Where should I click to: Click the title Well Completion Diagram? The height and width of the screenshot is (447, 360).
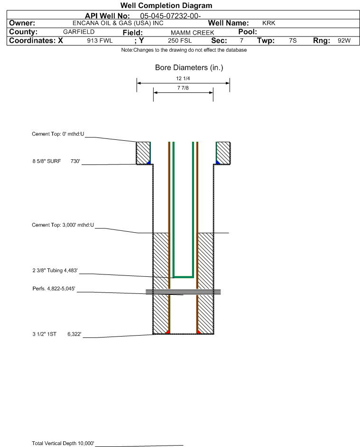coord(166,5)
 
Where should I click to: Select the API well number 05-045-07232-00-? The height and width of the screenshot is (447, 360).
coord(170,16)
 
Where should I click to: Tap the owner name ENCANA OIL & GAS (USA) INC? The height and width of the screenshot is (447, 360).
coord(118,23)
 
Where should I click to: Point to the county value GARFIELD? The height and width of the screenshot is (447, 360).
coord(79,32)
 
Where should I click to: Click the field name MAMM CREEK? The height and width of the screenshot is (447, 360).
coord(192,33)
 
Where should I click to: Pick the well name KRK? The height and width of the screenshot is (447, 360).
coord(269,23)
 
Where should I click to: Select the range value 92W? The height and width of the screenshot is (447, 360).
coord(344,40)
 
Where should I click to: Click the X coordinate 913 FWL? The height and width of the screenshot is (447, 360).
coord(100,40)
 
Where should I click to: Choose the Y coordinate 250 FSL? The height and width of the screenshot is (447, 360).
coord(180,40)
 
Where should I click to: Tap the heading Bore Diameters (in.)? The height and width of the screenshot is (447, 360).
coord(189,68)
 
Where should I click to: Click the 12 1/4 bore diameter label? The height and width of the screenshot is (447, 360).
coord(183,78)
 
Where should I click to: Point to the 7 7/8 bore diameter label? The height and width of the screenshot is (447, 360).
coord(183,88)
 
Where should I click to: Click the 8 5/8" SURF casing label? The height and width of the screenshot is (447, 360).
coord(46,161)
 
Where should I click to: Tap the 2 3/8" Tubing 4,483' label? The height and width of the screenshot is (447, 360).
coord(55,270)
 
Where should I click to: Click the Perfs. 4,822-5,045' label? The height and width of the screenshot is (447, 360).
coord(54,289)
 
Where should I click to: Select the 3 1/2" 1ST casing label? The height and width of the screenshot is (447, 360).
coord(45,334)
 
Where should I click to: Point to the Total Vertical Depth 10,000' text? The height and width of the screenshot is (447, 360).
coord(63,443)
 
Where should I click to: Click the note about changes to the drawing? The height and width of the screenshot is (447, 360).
coord(184,50)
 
